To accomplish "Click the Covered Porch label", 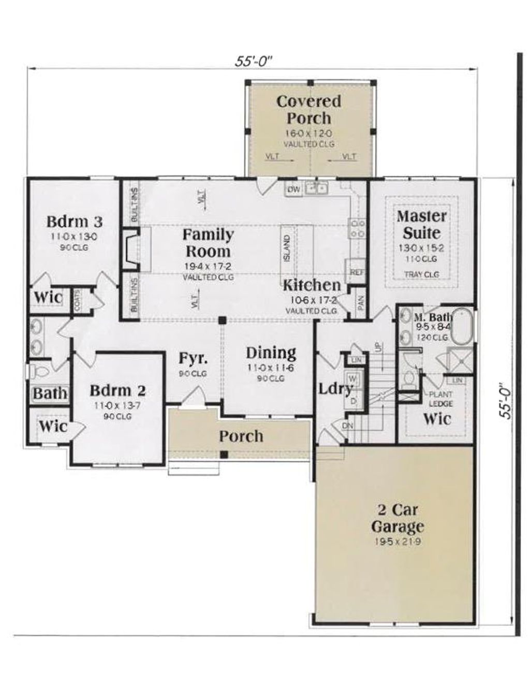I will pyautogui.click(x=308, y=109).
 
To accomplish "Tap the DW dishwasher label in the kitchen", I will pyautogui.click(x=294, y=189).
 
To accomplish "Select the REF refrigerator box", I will pyautogui.click(x=356, y=271).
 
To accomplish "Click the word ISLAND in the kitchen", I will pyautogui.click(x=287, y=248).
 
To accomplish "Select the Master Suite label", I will pyautogui.click(x=421, y=224).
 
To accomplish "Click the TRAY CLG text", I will pyautogui.click(x=421, y=274).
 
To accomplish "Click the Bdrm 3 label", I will pyautogui.click(x=74, y=222).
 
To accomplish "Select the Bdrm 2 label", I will pyautogui.click(x=117, y=390).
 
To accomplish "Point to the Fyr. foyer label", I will pyautogui.click(x=193, y=358).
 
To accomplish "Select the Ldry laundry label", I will pyautogui.click(x=335, y=388).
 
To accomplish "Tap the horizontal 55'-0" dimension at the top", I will pyautogui.click(x=253, y=61).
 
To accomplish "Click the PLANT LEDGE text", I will pyautogui.click(x=440, y=399).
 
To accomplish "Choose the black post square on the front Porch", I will pyautogui.click(x=224, y=454).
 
